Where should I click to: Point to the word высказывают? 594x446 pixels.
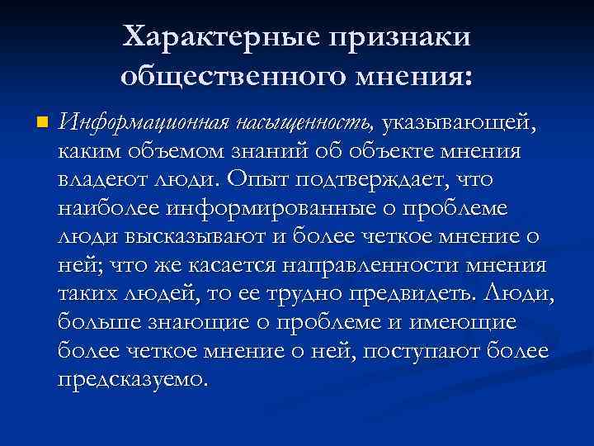click(176, 235)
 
